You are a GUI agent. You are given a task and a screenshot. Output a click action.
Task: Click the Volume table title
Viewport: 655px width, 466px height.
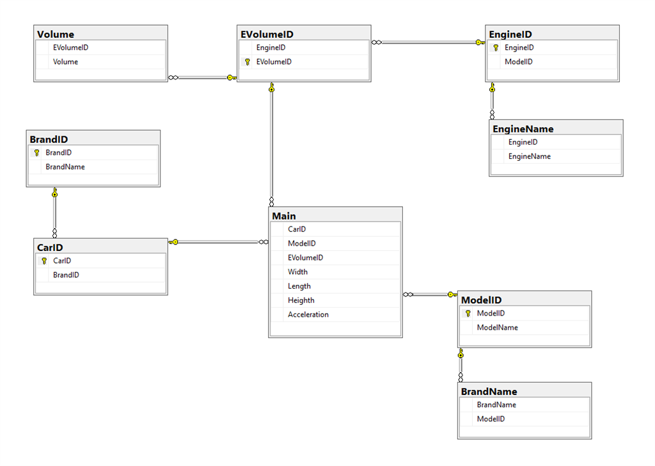(x=56, y=35)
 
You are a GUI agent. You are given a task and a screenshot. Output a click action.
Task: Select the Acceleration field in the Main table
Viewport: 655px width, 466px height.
(x=308, y=314)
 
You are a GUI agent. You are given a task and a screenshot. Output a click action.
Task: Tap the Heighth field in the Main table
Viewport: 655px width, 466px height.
(x=301, y=300)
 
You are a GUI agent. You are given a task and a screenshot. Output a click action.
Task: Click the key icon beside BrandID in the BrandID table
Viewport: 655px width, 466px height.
(x=36, y=153)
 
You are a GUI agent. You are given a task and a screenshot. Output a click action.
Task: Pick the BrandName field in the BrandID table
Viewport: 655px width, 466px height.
(x=65, y=167)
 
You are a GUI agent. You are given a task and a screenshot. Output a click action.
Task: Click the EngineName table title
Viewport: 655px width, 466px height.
(x=523, y=129)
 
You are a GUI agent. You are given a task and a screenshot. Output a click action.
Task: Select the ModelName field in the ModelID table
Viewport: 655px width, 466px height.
(x=497, y=327)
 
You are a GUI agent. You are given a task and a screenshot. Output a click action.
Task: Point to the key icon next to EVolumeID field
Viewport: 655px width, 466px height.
(x=248, y=62)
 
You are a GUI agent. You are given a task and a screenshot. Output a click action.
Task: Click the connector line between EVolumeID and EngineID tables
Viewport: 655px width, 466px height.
(x=429, y=43)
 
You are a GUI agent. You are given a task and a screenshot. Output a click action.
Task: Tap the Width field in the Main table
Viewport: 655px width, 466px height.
(x=297, y=272)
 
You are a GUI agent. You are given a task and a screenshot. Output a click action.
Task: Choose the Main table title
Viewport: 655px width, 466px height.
(x=284, y=216)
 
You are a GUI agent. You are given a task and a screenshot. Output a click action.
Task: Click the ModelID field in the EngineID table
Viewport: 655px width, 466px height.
(x=518, y=62)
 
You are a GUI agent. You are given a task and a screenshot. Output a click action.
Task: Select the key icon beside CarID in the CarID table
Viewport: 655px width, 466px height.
(x=44, y=261)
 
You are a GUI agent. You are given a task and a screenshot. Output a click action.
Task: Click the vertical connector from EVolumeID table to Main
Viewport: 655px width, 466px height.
(x=272, y=147)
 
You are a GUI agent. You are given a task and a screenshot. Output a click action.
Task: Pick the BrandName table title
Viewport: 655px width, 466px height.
(x=489, y=391)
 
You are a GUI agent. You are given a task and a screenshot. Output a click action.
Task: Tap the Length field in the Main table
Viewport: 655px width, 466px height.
(x=299, y=286)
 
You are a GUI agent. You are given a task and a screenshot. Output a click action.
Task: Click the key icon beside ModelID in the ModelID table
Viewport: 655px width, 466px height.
(x=468, y=314)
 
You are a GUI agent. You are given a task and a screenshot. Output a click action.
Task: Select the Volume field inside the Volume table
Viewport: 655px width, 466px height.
(x=66, y=62)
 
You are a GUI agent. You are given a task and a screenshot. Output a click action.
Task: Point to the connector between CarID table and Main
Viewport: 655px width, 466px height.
(x=217, y=242)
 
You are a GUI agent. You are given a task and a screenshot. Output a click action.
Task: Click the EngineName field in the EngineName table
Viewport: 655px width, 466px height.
(x=529, y=156)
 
